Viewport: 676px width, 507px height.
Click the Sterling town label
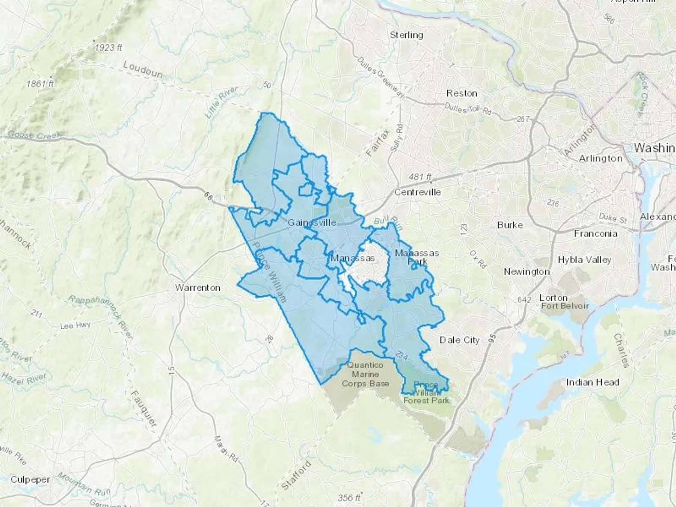406,35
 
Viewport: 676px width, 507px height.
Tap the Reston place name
462,93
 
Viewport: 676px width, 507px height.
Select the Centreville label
417,192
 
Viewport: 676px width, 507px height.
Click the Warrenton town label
198,288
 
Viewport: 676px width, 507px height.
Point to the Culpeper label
30,480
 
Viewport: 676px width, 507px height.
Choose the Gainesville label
312,223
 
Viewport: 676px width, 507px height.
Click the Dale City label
459,340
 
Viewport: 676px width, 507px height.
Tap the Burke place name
510,225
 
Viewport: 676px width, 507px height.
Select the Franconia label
595,234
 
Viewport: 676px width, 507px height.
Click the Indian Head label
592,382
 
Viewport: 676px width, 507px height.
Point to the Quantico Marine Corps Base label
365,374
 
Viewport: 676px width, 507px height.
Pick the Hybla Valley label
584,260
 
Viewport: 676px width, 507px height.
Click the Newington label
527,272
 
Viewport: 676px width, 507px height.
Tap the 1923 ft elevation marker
108,48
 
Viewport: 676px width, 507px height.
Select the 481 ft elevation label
419,176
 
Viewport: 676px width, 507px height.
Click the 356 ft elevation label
349,498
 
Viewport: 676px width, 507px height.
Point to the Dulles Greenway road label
380,78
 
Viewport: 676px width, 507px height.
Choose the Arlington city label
601,158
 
